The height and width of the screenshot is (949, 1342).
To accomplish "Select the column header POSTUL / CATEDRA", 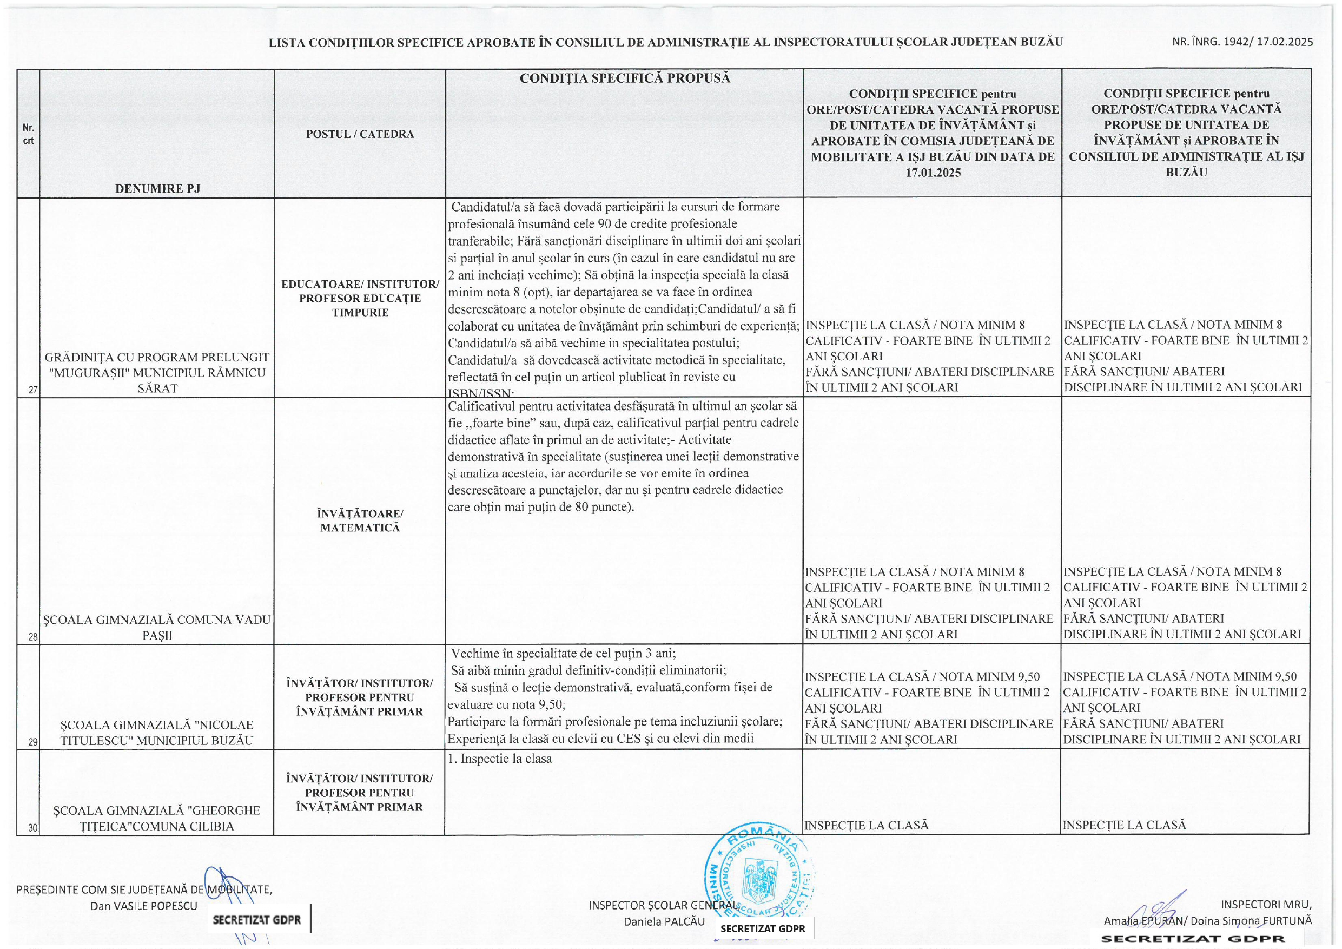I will pyautogui.click(x=360, y=134).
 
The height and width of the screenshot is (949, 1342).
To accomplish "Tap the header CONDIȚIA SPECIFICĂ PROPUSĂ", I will pyautogui.click(x=625, y=78).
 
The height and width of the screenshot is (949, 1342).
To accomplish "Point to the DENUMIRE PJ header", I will pyautogui.click(x=157, y=188).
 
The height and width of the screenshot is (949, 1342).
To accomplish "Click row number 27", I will pyautogui.click(x=33, y=390).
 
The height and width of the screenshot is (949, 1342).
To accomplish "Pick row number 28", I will pyautogui.click(x=33, y=637).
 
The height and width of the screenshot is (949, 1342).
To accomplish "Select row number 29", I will pyautogui.click(x=33, y=742).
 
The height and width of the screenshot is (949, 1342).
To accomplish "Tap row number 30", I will pyautogui.click(x=33, y=827).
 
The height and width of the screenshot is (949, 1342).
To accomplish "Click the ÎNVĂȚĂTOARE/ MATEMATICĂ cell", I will pyautogui.click(x=360, y=520).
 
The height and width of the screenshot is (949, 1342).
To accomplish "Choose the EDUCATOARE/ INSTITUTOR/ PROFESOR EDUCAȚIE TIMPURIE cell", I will pyautogui.click(x=360, y=298).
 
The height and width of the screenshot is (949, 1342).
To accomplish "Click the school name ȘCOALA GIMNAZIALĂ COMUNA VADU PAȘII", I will pyautogui.click(x=157, y=628).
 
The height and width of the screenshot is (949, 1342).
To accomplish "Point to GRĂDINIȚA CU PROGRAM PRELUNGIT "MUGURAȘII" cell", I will pyautogui.click(x=157, y=372).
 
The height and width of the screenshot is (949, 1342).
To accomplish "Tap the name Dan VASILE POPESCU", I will pyautogui.click(x=143, y=906).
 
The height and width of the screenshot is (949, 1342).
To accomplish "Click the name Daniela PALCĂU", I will pyautogui.click(x=664, y=921).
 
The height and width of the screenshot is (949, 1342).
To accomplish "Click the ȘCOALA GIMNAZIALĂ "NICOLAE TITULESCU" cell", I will pyautogui.click(x=157, y=733).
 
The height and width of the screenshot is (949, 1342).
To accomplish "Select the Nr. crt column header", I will pyautogui.click(x=28, y=134).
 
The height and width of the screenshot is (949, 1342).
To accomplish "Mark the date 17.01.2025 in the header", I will pyautogui.click(x=933, y=173).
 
